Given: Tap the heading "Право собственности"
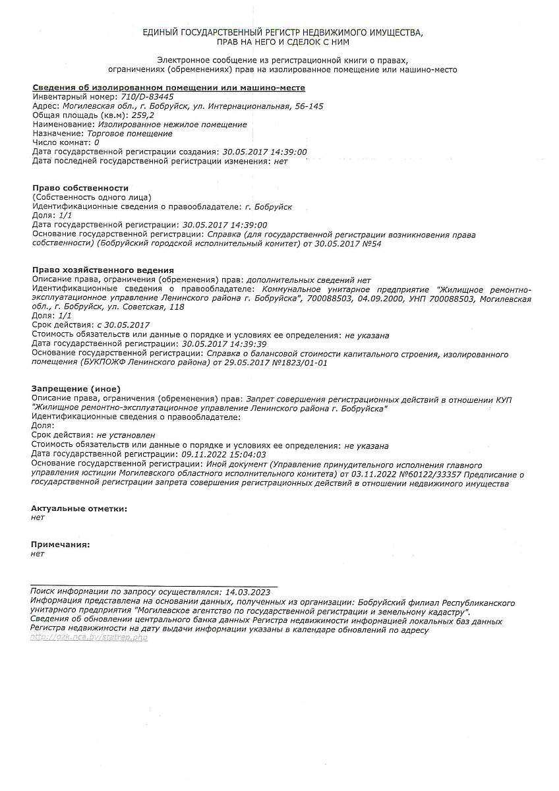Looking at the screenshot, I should pyautogui.click(x=80, y=188).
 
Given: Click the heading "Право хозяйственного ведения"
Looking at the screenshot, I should pyautogui.click(x=103, y=270).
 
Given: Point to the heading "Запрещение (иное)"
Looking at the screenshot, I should pyautogui.click(x=76, y=389).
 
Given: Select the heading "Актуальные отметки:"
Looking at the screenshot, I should pyautogui.click(x=79, y=508).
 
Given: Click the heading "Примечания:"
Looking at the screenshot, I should pyautogui.click(x=61, y=544).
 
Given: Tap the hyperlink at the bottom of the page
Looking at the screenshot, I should pyautogui.click(x=89, y=639).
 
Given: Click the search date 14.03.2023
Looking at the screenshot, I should pyautogui.click(x=248, y=593).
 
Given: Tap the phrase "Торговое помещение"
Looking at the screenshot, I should pyautogui.click(x=130, y=133).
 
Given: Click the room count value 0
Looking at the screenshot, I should pyautogui.click(x=97, y=142).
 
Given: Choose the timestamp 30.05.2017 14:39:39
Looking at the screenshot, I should pyautogui.click(x=224, y=344).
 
